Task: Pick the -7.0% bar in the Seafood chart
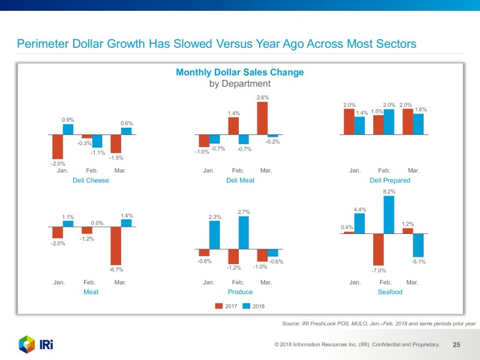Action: pos(378,249)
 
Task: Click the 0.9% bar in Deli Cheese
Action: pos(68,129)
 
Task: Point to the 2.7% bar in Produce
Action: pos(244,232)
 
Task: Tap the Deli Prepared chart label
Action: pos(390,180)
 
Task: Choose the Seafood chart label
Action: pos(390,292)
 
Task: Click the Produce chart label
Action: pos(240,292)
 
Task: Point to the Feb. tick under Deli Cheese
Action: pos(92,170)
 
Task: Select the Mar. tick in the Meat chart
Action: pos(120,281)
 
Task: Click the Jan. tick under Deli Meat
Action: pos(209,170)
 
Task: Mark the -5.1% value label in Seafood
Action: pos(418,262)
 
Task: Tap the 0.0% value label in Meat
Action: pos(97,223)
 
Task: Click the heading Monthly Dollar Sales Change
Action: pos(239,73)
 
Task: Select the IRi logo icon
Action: pos(27,345)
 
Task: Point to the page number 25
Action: pos(456,345)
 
